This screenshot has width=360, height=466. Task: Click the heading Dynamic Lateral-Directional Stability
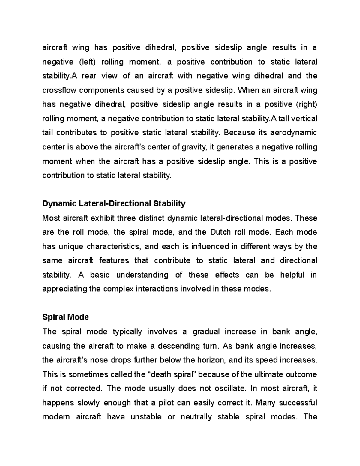[114, 204]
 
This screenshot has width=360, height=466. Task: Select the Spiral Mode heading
[65, 317]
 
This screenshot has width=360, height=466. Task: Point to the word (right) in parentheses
[306, 104]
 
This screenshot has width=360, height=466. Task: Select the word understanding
[142, 275]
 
